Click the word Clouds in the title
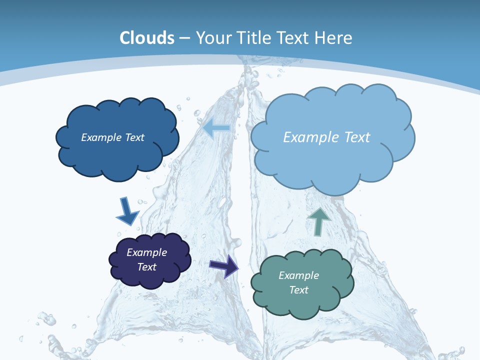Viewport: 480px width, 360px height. tap(147, 38)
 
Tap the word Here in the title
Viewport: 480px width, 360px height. tap(334, 38)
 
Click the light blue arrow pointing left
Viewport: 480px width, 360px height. tap(216, 127)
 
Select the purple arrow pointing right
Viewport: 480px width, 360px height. tap(224, 265)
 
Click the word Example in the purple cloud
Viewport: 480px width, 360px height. tap(147, 252)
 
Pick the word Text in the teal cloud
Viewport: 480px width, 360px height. tap(299, 290)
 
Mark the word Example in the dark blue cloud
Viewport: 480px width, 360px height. tap(101, 137)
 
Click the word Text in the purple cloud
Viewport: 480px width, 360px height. tap(147, 267)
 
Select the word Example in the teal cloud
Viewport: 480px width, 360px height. tap(299, 275)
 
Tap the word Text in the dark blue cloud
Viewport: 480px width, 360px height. tap(134, 137)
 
